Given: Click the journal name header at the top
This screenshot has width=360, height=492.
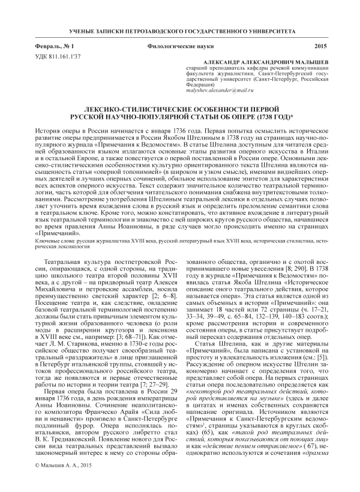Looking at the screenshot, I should click(x=180, y=30).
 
